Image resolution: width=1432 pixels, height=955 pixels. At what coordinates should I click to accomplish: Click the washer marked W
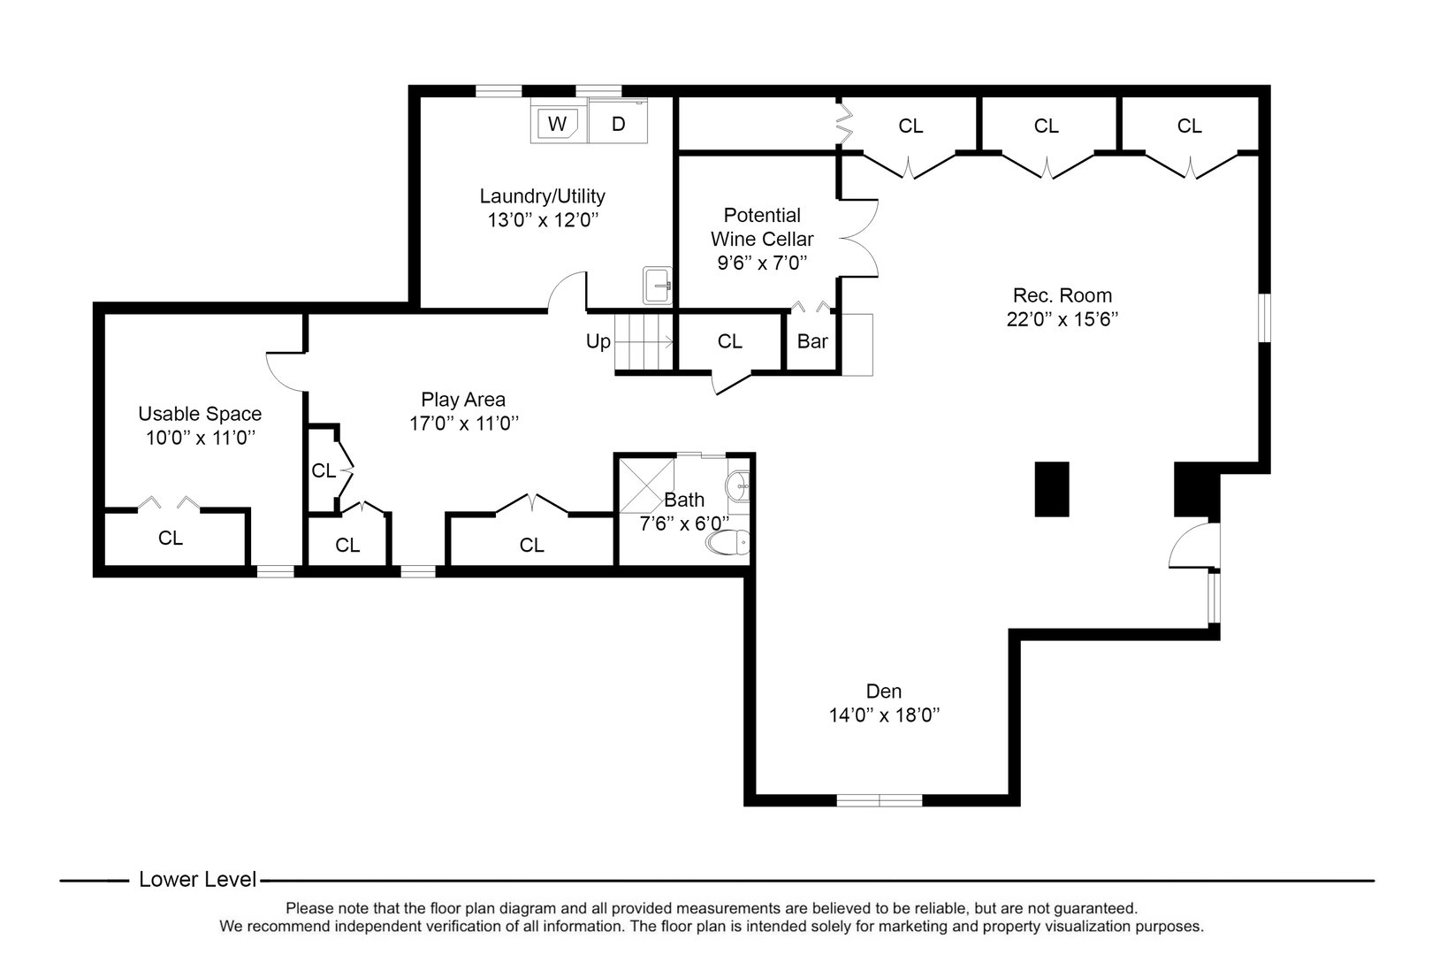pos(557,124)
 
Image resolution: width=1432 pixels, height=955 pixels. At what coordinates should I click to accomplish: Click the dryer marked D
pos(618,124)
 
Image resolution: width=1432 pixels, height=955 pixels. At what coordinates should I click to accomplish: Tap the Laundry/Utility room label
pos(542,196)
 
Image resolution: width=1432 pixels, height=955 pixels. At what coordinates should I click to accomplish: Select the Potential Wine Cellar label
pos(762,227)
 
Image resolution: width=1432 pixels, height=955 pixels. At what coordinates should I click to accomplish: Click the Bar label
pos(811,341)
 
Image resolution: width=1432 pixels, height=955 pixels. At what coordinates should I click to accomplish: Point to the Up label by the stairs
pos(598,341)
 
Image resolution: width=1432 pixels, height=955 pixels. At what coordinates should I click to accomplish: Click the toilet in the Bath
pos(728,542)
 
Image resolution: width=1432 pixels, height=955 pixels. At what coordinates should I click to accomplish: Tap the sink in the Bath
pos(738,484)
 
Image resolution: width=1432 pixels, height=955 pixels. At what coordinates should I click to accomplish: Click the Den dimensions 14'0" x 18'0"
pos(883,715)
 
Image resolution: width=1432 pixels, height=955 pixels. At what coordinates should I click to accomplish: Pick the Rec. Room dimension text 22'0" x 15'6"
pos(1062,319)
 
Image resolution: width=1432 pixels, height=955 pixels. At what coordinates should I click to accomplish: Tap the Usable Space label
pos(200,414)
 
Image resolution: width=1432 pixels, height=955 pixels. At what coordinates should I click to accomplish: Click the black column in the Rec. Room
pos(1052,489)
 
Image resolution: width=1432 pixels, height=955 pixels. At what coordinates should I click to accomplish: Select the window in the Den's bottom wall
pos(879,800)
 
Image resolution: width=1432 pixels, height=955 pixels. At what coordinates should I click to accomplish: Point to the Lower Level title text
pos(197,880)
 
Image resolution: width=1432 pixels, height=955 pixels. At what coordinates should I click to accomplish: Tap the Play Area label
pos(463,400)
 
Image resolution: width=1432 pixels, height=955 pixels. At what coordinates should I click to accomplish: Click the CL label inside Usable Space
pos(170,539)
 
